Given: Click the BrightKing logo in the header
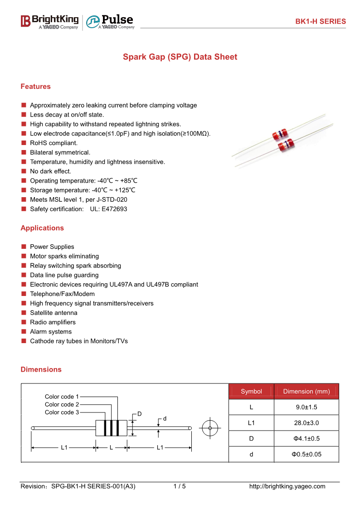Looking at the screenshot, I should [49, 21].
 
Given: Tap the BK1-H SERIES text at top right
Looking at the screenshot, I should [320, 21].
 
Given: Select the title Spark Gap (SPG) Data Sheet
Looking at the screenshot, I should [180, 57].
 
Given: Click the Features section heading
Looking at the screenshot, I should [35, 87].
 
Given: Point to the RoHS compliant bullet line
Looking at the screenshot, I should [54, 143].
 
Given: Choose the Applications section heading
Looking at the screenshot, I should [42, 228].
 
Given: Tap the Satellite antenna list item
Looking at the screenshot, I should [54, 313].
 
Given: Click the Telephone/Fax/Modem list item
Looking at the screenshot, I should [62, 294].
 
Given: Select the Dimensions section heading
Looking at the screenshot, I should [41, 369].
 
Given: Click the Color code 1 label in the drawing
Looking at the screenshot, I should [62, 397].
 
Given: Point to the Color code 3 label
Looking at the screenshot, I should [62, 412].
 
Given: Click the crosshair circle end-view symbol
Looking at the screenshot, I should [210, 428].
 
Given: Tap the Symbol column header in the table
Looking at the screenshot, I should [251, 392].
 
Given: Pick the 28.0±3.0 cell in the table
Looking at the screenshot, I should [306, 423].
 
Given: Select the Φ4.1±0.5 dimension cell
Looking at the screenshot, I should [306, 439].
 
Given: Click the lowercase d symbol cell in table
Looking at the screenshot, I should [251, 454].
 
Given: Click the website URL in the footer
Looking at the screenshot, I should [287, 486].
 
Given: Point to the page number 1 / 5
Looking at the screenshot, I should [180, 486].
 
